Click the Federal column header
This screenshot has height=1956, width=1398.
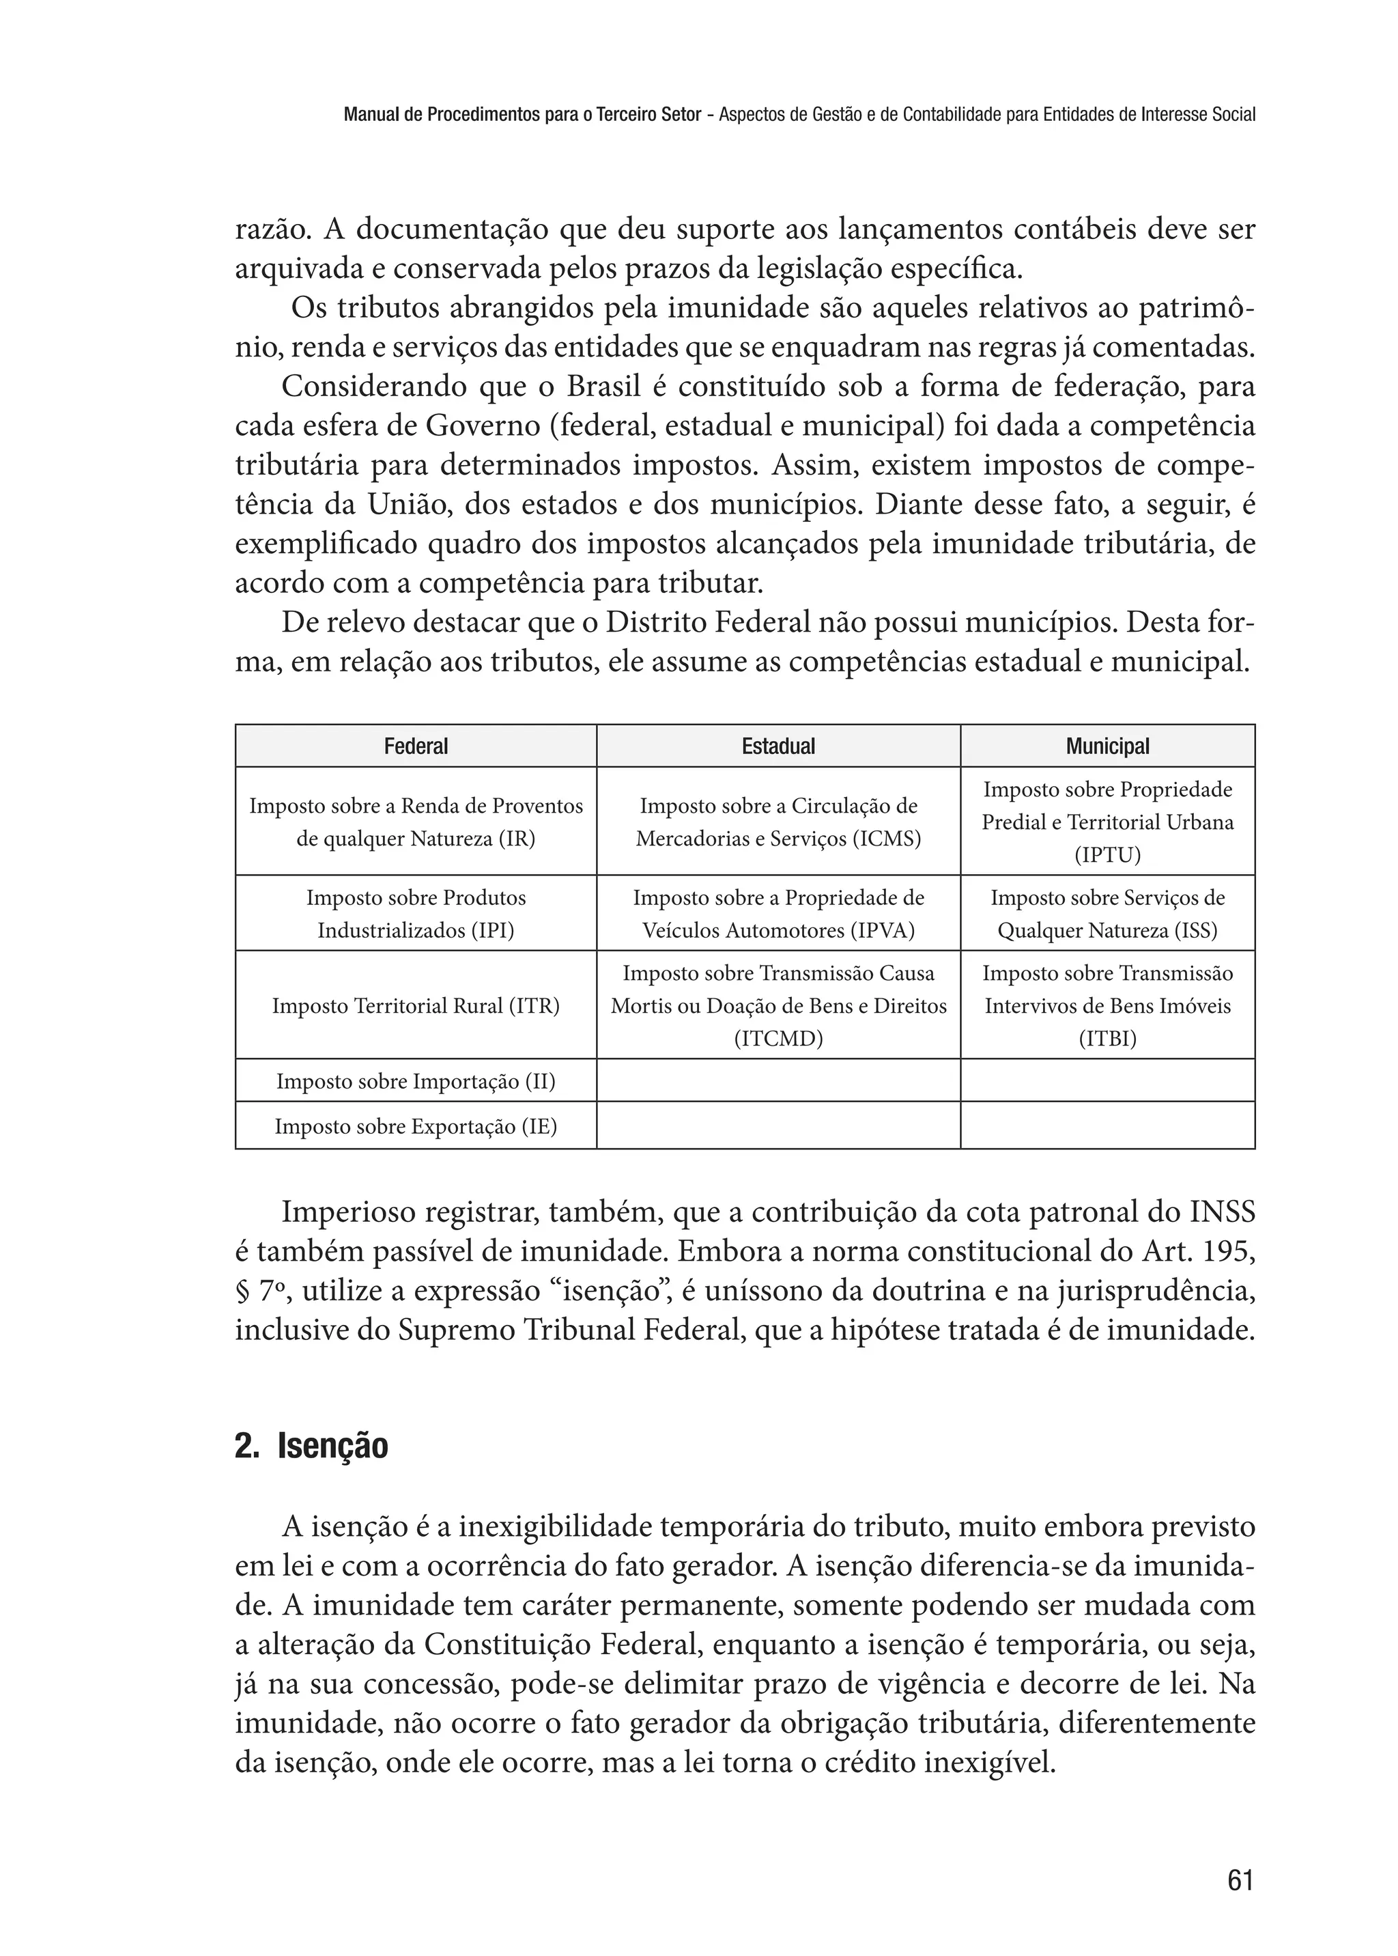[416, 746]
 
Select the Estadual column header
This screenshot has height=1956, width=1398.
[778, 746]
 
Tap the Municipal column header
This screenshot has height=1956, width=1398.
[1107, 746]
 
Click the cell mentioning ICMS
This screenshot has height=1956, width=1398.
[778, 822]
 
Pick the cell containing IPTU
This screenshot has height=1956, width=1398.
[1107, 822]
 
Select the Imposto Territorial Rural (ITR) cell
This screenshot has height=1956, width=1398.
[416, 1005]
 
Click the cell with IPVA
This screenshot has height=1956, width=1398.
[778, 914]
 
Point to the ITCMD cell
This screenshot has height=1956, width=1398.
[778, 1005]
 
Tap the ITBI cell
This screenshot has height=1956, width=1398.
[1107, 1005]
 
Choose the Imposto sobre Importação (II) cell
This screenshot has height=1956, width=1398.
[416, 1081]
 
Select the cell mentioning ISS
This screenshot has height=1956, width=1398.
[1107, 914]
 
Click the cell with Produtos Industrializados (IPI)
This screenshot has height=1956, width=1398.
[416, 914]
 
